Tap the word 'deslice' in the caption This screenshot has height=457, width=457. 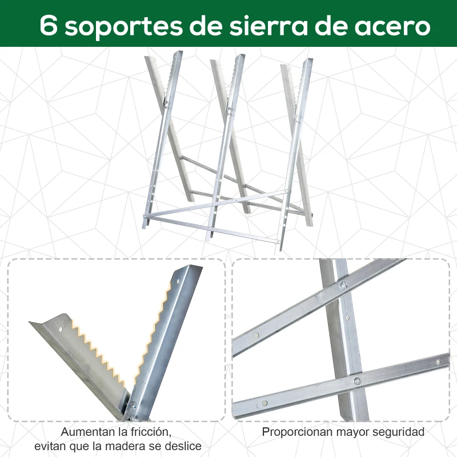click(183, 446)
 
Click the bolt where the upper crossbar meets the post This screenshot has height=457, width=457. click(343, 286)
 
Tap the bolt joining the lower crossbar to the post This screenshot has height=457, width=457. click(357, 381)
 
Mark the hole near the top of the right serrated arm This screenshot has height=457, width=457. click(177, 281)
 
